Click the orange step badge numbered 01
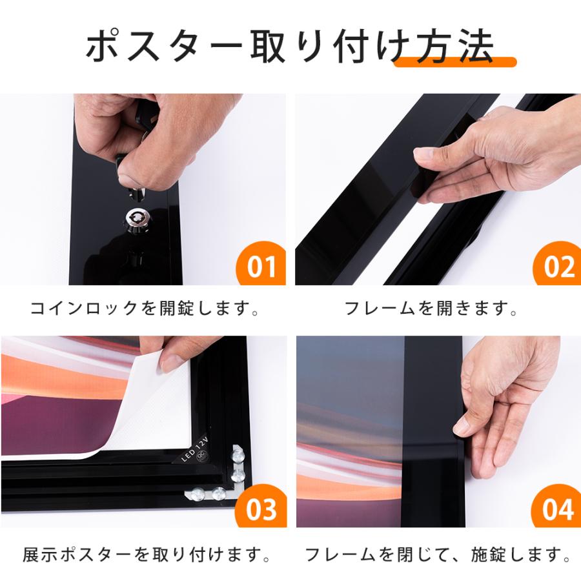(x=261, y=265)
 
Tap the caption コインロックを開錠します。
(x=145, y=309)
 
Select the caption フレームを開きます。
(x=432, y=309)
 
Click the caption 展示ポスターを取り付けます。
(x=145, y=555)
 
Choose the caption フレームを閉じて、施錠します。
(x=437, y=555)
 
